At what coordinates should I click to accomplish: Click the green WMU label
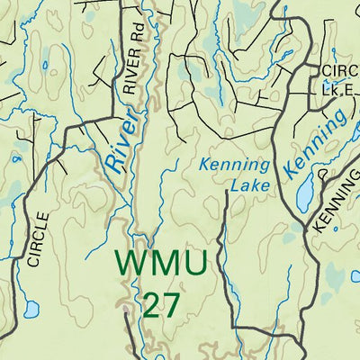point(163,264)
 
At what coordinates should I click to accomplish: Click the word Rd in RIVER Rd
point(137,37)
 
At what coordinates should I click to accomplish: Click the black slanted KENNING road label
point(334,207)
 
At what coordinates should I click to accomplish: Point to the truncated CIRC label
point(339,70)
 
